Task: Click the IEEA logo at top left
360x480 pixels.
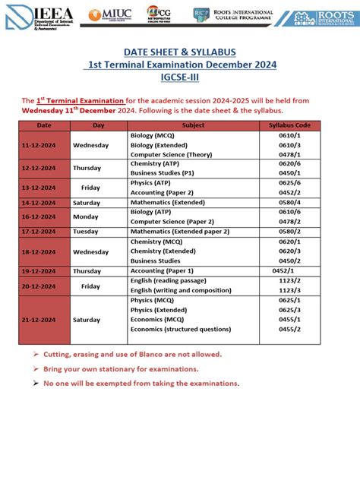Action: [38, 16]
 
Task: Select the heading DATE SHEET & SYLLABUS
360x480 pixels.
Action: [179, 51]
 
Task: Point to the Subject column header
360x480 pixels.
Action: [193, 125]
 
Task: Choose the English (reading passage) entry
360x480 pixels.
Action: [168, 280]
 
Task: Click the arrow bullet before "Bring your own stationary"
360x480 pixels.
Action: [36, 368]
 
